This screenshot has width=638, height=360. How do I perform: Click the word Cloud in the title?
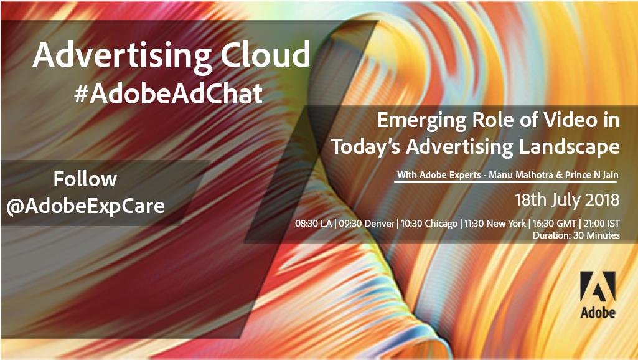[265, 55]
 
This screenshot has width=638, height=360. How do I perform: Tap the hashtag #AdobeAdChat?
[169, 93]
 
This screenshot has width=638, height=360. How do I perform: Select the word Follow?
[85, 179]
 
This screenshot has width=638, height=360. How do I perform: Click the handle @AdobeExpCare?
[85, 206]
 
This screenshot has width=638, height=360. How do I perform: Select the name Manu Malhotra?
[520, 175]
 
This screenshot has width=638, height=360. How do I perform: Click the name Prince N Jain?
[591, 175]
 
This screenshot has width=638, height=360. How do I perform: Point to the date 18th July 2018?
[567, 200]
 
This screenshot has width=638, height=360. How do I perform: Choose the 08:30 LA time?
[313, 224]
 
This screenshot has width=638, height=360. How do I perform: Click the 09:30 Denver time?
[367, 224]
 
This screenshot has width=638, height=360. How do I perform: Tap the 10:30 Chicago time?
[429, 224]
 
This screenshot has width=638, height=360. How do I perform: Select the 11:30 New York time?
[495, 224]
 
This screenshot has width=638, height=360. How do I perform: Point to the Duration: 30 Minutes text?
[576, 235]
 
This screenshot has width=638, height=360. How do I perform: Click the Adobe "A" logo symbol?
[598, 287]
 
